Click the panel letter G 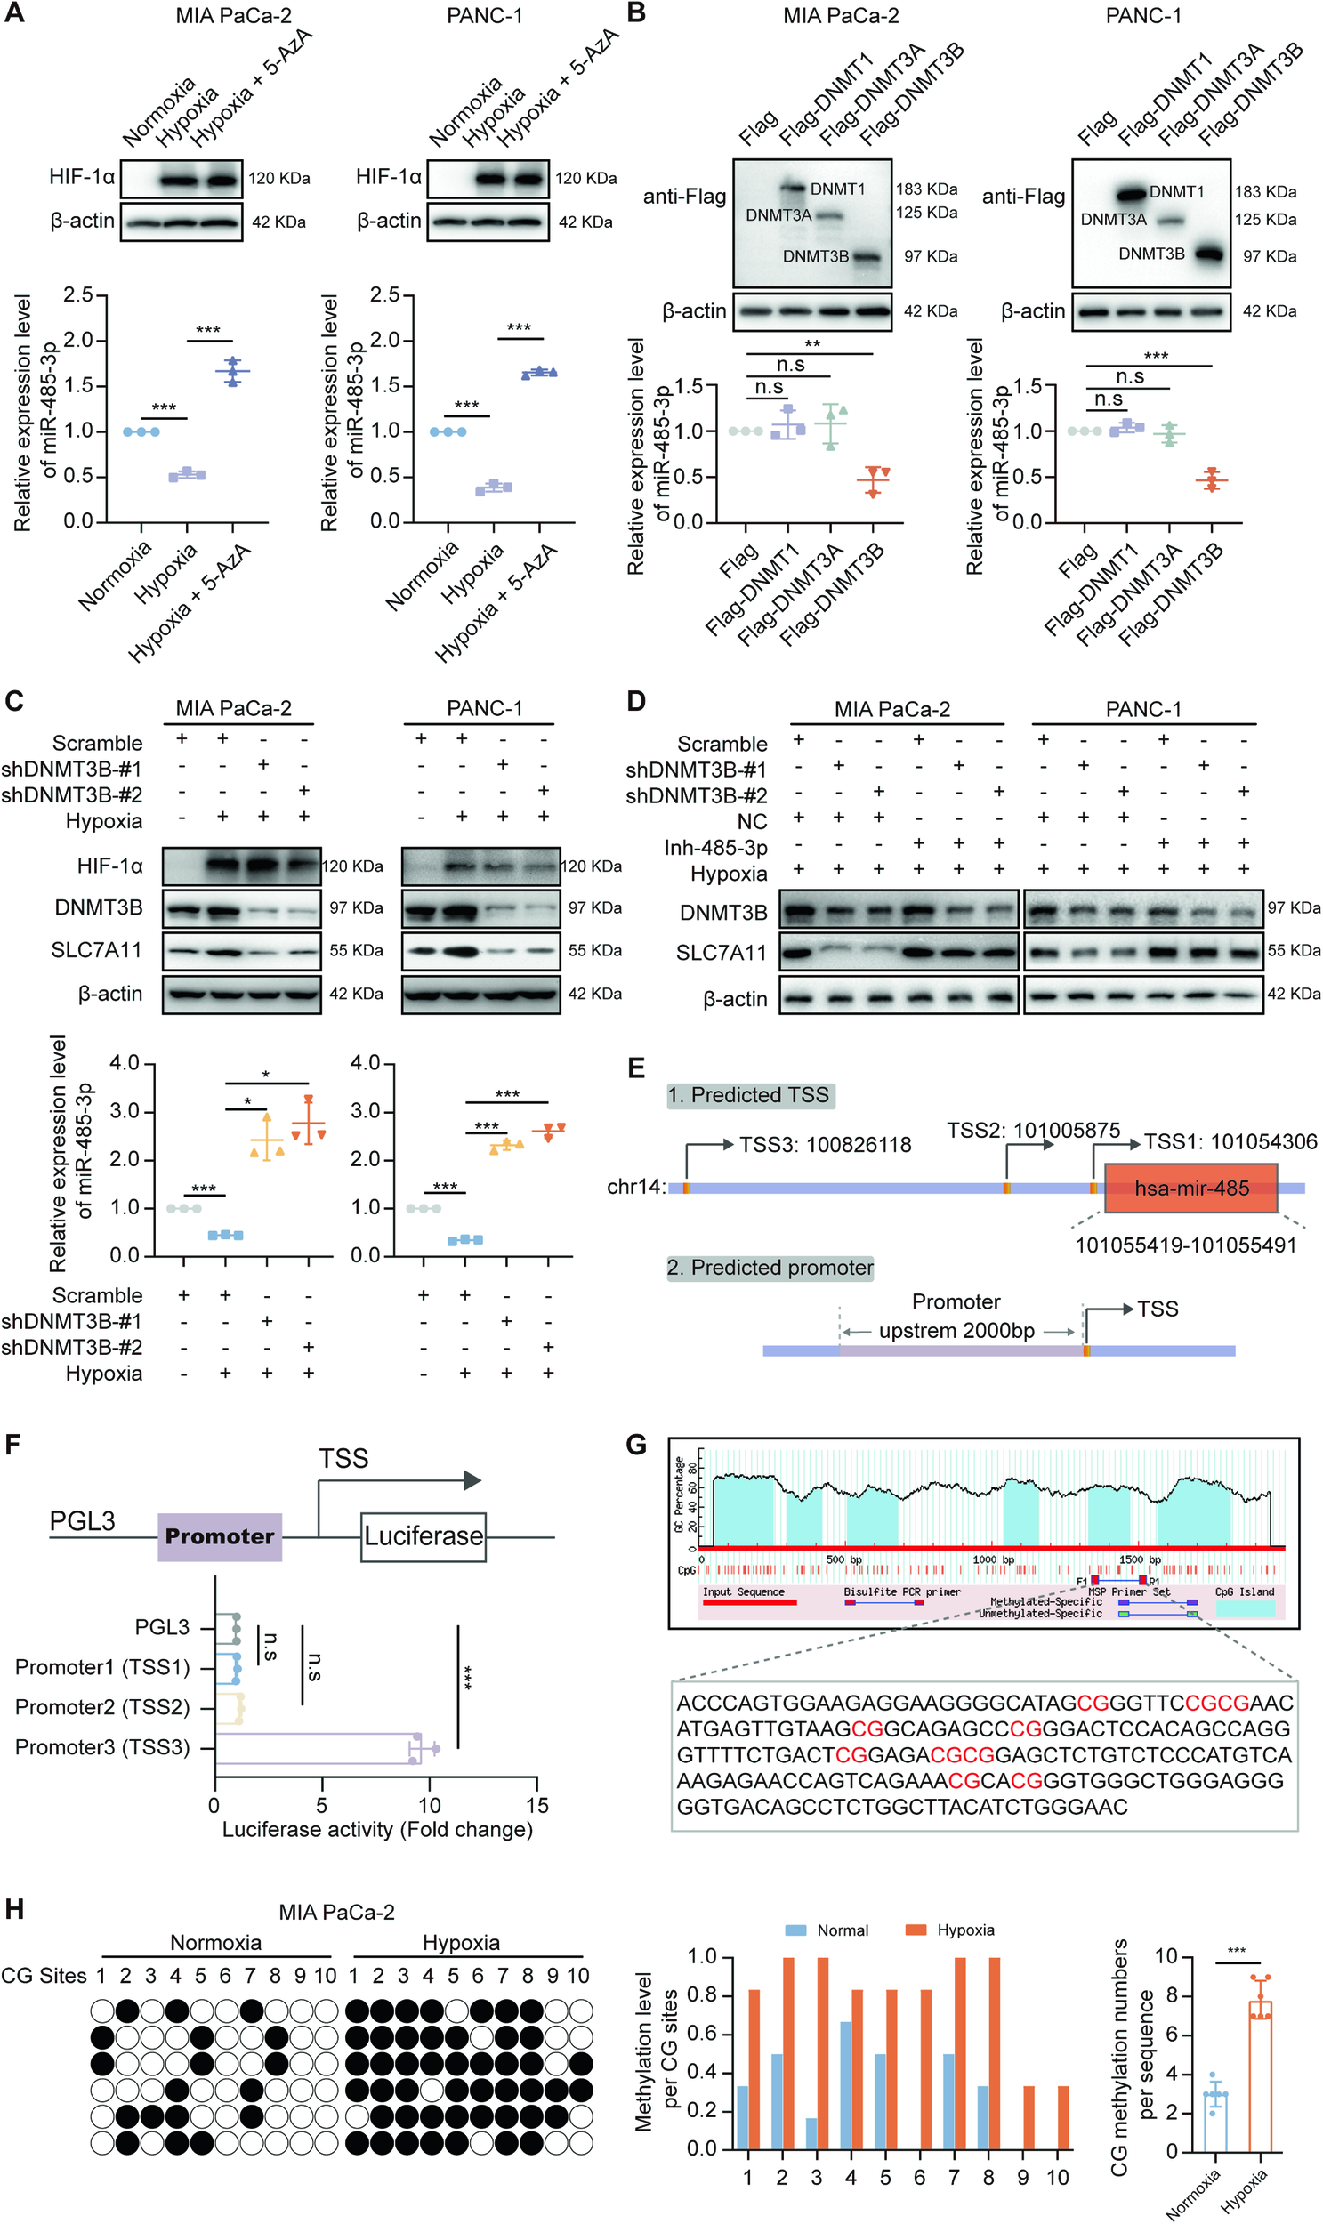pos(635,1444)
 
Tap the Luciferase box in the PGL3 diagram pos(423,1535)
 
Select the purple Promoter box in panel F pos(219,1535)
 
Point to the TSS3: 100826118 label pos(825,1145)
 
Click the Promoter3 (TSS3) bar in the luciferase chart pos(317,1748)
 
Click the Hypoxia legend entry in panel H pos(950,1930)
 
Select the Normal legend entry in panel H pos(827,1930)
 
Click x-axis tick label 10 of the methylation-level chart pos(1057,2178)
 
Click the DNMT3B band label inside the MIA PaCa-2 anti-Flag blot pos(815,256)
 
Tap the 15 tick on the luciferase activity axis pos(536,1805)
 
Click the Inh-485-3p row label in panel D pos(715,847)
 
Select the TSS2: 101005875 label pos(1032,1131)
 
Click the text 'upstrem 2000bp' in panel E pos(956,1331)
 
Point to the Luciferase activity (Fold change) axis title pos(377,1829)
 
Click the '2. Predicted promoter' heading pos(770,1268)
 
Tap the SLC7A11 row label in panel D pos(721,953)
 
